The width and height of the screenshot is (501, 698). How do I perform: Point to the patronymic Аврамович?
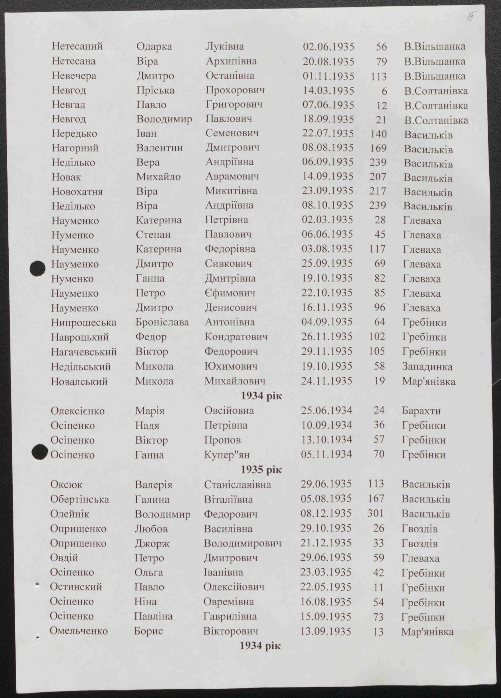[x=232, y=176]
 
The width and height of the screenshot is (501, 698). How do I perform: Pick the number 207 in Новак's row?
[x=378, y=177]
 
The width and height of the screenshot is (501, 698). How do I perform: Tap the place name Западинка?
[x=427, y=367]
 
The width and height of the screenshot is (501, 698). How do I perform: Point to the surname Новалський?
[x=79, y=382]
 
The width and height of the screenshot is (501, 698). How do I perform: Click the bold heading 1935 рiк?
[x=261, y=470]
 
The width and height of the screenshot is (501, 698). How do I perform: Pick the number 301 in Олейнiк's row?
[x=376, y=513]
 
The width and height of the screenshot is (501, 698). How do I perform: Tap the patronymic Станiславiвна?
[x=237, y=484]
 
